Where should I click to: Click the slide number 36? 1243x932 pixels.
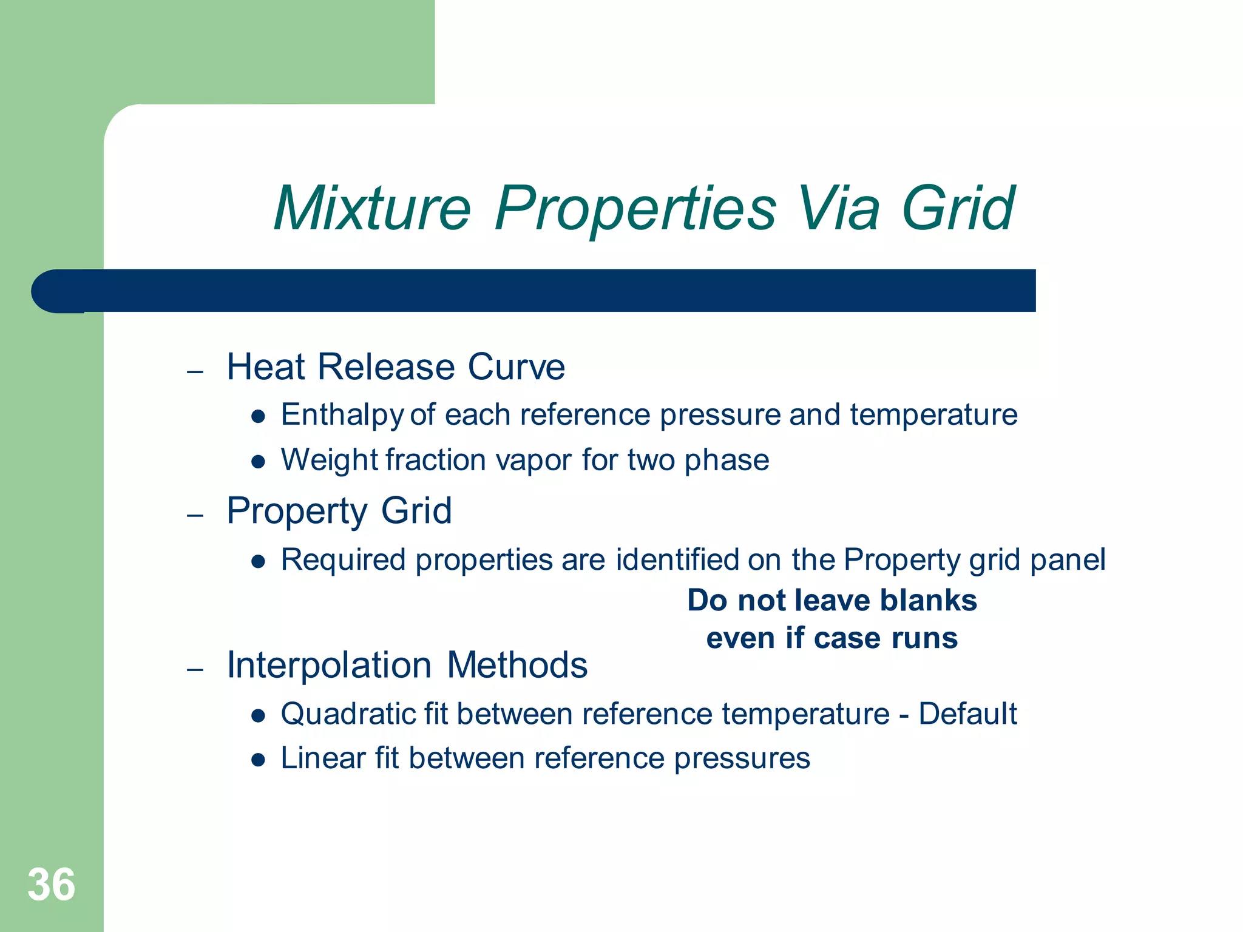pos(51,885)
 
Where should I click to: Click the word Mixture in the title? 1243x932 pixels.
pos(371,209)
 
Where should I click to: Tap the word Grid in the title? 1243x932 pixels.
pos(957,209)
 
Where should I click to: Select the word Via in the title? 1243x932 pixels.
pos(838,209)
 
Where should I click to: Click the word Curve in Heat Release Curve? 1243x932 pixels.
pos(516,367)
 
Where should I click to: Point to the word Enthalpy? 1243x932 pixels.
pos(342,416)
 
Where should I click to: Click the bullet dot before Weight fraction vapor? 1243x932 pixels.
pos(259,462)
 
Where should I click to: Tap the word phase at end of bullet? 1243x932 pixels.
pos(726,460)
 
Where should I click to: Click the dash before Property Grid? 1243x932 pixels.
pos(195,516)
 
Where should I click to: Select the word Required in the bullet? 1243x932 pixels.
pos(343,559)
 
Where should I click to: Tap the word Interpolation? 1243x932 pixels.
pos(328,665)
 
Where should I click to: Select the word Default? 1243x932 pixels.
pos(967,714)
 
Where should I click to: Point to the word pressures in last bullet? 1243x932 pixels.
pos(742,759)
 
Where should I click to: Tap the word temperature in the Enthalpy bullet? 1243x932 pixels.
pos(933,416)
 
